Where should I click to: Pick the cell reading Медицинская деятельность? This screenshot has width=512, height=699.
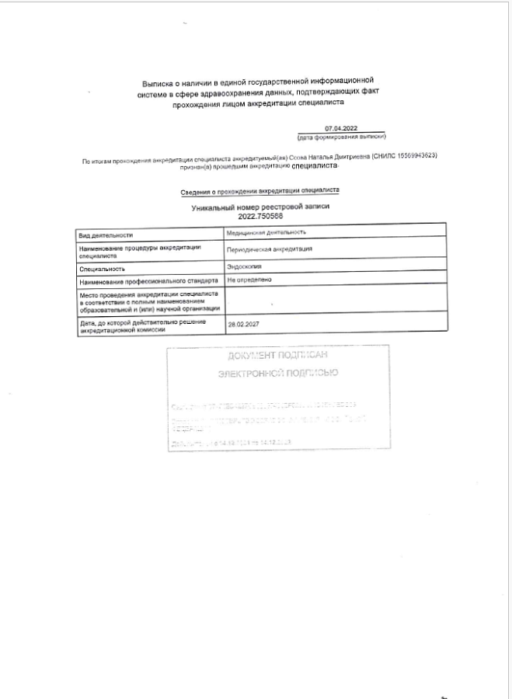[266, 232]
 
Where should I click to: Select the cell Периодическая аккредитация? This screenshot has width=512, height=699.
[269, 249]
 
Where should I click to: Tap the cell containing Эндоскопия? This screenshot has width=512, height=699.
[244, 266]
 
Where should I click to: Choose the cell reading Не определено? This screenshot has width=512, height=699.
[249, 278]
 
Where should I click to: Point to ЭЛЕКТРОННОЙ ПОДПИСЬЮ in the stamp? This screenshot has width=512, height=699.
[277, 373]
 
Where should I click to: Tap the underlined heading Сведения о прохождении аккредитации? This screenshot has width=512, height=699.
[260, 190]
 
